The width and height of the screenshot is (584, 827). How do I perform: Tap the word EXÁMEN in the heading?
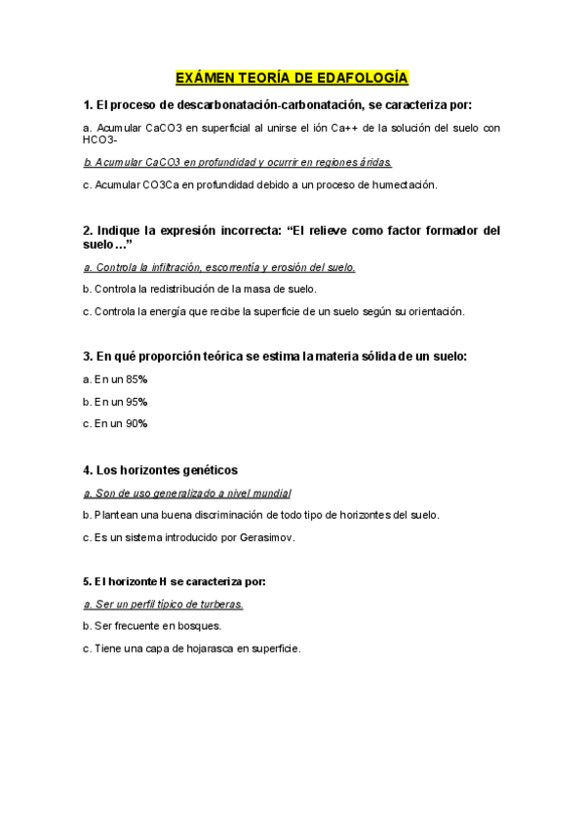202,77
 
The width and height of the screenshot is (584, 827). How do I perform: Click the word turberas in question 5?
219,604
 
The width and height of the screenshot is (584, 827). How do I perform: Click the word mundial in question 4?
272,493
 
